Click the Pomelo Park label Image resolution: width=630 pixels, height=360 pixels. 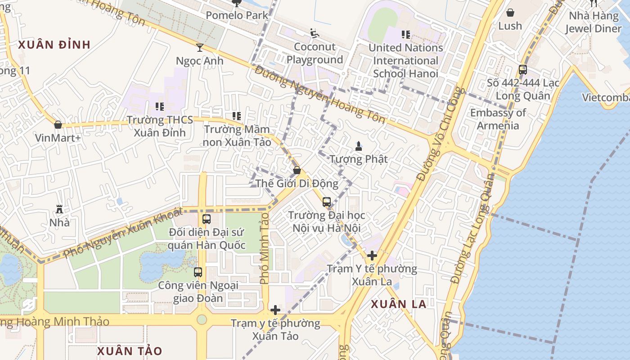click(x=237, y=15)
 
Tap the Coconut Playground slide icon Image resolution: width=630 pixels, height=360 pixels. click(x=315, y=33)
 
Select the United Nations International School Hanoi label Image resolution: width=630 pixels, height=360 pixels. click(x=405, y=60)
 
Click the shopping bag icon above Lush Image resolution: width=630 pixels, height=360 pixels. click(x=510, y=13)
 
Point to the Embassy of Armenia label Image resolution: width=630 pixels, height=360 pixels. click(x=498, y=119)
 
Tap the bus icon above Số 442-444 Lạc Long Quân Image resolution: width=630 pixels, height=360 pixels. click(x=522, y=70)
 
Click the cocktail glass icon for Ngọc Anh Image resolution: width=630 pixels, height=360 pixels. click(x=199, y=47)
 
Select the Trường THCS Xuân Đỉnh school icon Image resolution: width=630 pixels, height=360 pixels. click(x=159, y=107)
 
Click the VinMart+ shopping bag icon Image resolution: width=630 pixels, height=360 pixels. click(x=58, y=125)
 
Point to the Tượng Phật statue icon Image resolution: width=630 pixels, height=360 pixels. click(x=358, y=146)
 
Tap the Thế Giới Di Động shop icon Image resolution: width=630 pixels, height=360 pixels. click(x=297, y=170)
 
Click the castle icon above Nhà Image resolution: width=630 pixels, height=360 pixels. click(x=59, y=209)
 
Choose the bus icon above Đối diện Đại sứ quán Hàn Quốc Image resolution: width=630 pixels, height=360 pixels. click(x=206, y=219)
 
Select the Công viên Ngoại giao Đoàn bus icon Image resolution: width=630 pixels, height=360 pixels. click(x=198, y=272)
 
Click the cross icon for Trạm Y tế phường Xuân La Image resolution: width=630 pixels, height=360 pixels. click(x=372, y=256)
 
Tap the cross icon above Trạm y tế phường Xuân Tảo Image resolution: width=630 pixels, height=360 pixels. click(x=275, y=310)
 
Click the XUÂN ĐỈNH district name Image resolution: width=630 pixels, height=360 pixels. click(x=54, y=45)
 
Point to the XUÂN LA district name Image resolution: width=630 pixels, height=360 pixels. click(x=398, y=304)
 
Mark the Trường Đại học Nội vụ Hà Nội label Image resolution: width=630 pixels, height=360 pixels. click(x=326, y=221)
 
